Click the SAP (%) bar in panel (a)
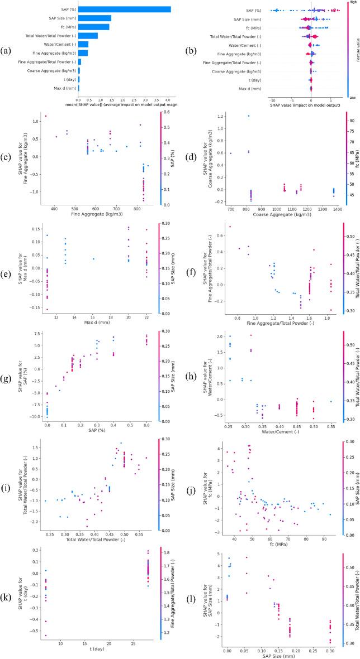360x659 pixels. (124, 9)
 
